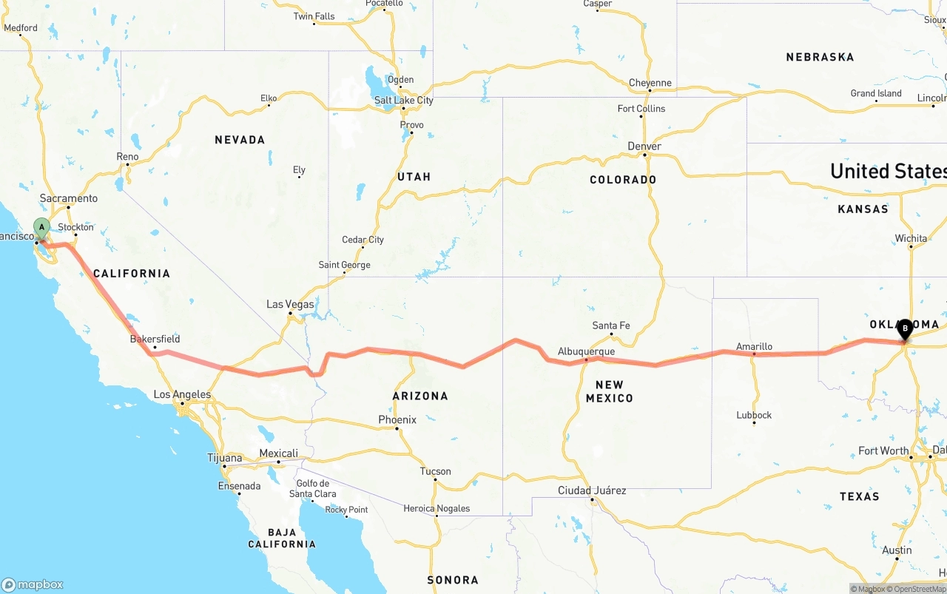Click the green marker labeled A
tap(42, 227)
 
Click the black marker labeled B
tap(905, 328)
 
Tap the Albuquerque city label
tap(586, 351)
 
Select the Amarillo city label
tap(754, 346)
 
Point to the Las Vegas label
tap(290, 304)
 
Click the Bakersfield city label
tap(155, 339)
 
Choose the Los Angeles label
tap(182, 394)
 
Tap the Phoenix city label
tap(397, 419)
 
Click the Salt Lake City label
tap(403, 101)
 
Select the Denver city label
tap(644, 146)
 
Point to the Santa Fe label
tap(610, 325)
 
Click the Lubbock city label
tap(754, 415)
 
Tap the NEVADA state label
tap(240, 140)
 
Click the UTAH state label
tap(414, 177)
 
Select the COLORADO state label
tap(623, 180)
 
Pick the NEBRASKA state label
tap(820, 57)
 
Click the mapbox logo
tap(33, 584)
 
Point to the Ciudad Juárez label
tap(592, 490)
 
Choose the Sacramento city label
tap(69, 198)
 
